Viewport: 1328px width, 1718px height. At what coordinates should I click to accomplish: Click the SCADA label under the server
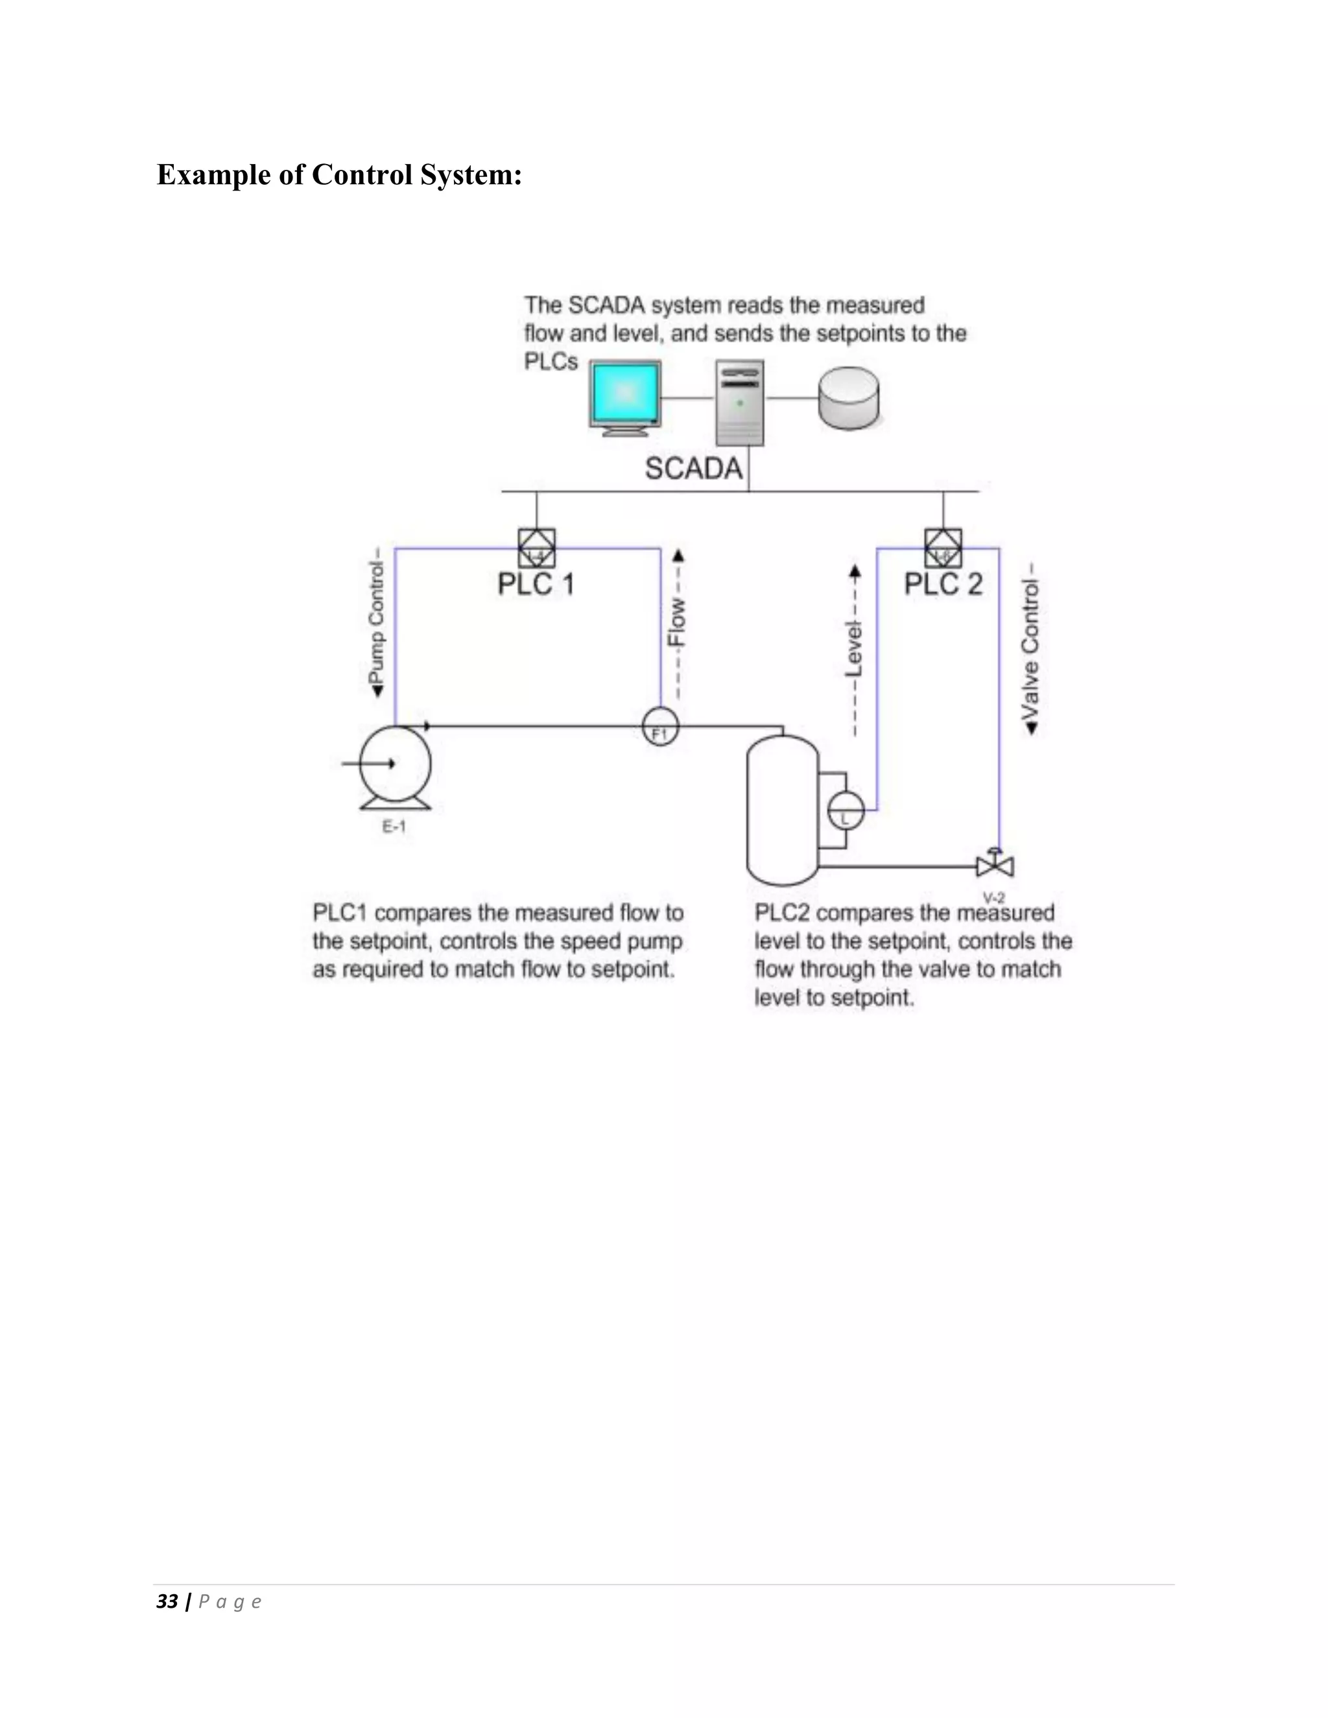tap(693, 469)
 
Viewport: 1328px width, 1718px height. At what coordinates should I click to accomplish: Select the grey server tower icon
tap(739, 403)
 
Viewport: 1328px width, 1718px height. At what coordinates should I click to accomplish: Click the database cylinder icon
tap(848, 399)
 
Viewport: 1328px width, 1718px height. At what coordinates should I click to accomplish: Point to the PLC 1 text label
tap(536, 585)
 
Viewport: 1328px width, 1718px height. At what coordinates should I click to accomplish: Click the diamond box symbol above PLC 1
tap(536, 548)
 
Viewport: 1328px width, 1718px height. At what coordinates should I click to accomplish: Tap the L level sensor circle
tap(846, 810)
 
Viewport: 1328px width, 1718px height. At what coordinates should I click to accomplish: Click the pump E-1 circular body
tap(395, 763)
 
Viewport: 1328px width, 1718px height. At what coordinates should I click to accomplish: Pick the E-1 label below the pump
tap(394, 827)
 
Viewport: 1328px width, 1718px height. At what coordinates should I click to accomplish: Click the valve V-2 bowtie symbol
tap(995, 866)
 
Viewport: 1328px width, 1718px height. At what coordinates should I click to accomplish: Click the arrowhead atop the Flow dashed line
tap(678, 556)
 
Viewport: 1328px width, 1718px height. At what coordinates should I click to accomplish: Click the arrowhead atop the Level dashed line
tap(855, 571)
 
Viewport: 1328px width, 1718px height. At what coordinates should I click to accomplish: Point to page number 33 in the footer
tap(167, 1601)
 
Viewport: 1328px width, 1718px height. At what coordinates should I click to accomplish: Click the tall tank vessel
tap(782, 810)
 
